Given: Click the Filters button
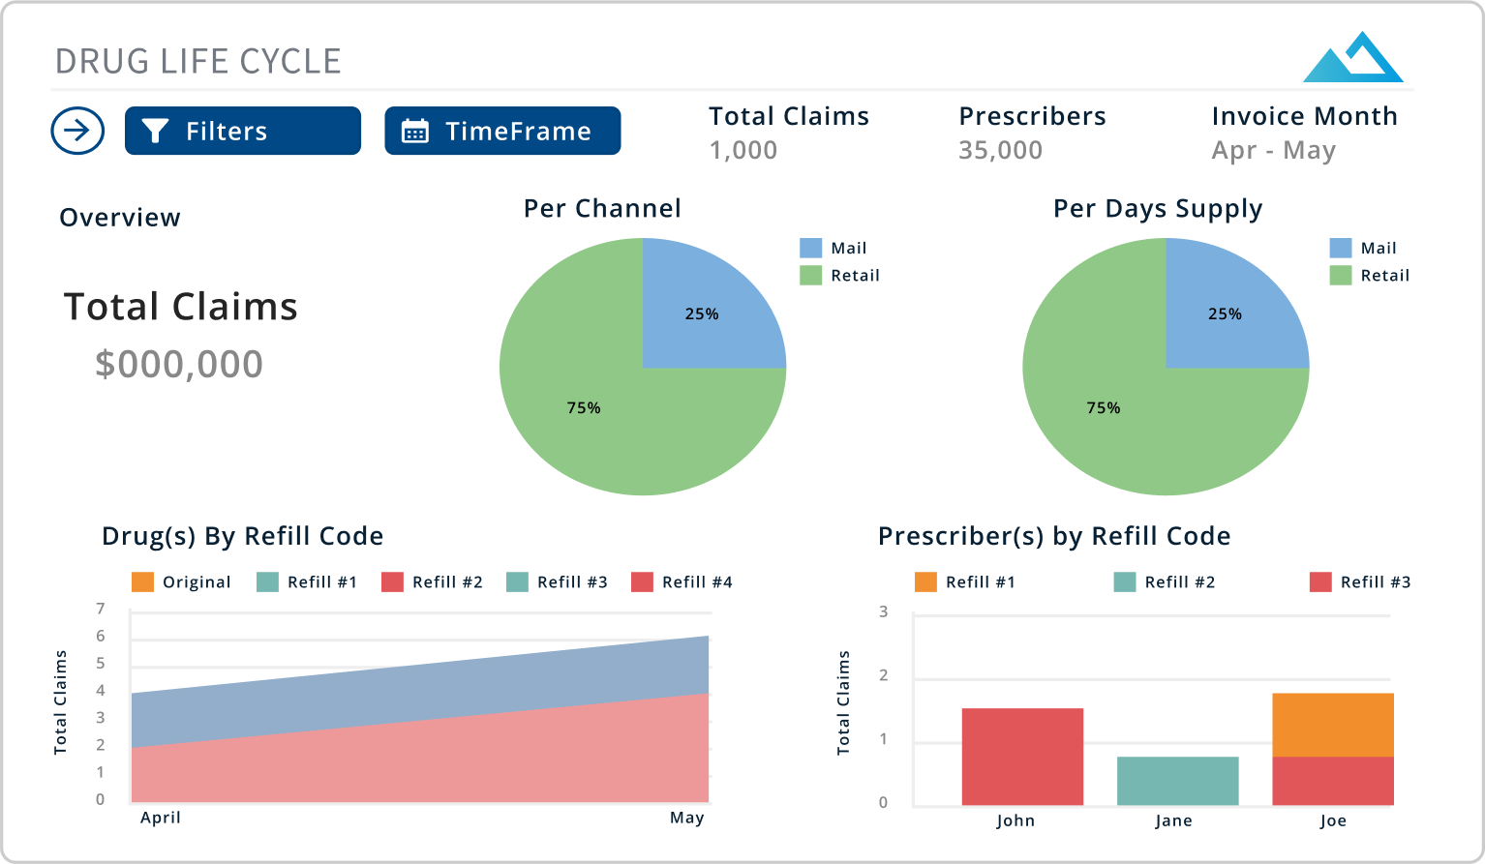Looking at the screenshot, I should (x=242, y=131).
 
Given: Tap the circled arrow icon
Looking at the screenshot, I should (x=77, y=131).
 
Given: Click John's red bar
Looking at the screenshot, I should (x=1022, y=757).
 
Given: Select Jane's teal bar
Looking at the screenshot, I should (x=1177, y=781).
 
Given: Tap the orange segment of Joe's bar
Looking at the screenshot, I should (x=1333, y=725).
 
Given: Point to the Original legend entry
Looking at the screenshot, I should (x=181, y=582).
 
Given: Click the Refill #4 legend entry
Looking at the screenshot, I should (x=682, y=582).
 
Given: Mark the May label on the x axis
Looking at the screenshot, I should (x=686, y=818).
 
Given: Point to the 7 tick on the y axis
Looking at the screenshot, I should (x=101, y=609).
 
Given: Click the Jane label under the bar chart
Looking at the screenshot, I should (x=1173, y=820).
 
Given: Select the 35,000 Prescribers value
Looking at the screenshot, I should (x=1000, y=150).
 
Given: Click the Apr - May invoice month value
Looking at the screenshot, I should (x=1273, y=150).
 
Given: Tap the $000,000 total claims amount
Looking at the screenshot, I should (x=179, y=364).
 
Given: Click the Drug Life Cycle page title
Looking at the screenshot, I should (x=197, y=61).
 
